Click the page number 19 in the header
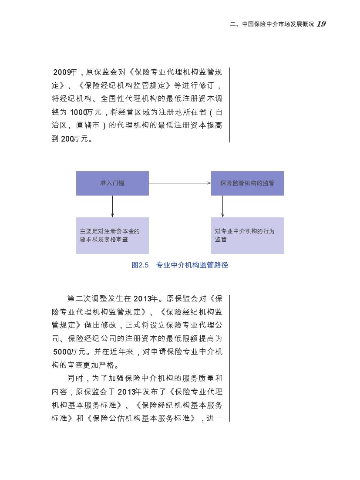coord(321,24)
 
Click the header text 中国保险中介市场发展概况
coord(278,24)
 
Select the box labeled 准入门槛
coord(112,183)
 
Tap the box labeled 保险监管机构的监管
coord(247,183)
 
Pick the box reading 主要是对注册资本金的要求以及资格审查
coord(112,235)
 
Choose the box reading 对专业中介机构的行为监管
coord(247,235)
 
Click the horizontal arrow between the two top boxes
coord(180,183)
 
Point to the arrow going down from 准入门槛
coord(112,206)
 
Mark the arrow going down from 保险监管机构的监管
coord(222,206)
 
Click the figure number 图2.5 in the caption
coord(140,265)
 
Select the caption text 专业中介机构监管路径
coord(192,265)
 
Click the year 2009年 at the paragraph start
coord(65,72)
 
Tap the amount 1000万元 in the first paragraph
coord(86,112)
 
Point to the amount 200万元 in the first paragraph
coord(74,139)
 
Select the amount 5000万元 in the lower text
coord(69,352)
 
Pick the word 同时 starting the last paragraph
coord(75,378)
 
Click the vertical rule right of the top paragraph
coord(229,105)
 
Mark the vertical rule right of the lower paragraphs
coord(229,358)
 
